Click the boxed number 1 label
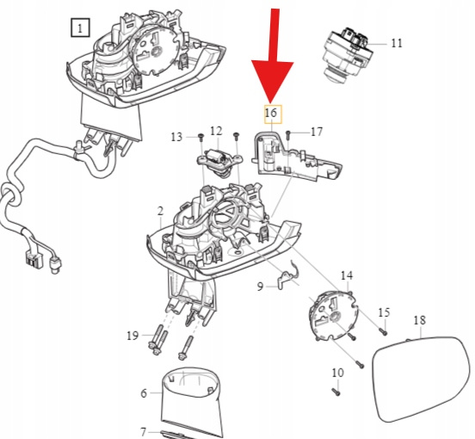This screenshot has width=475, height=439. [80, 28]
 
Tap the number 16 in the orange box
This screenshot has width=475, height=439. [271, 113]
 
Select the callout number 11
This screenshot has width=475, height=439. [397, 43]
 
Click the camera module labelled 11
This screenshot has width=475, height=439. [348, 53]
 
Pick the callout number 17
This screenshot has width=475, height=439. [317, 132]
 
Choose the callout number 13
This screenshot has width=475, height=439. [176, 137]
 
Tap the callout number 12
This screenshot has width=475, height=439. [216, 131]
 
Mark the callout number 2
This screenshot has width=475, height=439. [161, 211]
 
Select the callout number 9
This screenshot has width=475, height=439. [260, 287]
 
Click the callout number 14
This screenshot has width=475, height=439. [347, 275]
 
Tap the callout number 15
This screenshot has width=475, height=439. [384, 312]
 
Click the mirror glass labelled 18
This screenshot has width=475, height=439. [421, 379]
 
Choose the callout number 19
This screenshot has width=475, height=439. [133, 336]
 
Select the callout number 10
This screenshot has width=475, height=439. [338, 373]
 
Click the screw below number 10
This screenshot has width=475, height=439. [336, 393]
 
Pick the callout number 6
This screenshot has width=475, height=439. [144, 393]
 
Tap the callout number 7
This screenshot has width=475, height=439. [144, 431]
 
